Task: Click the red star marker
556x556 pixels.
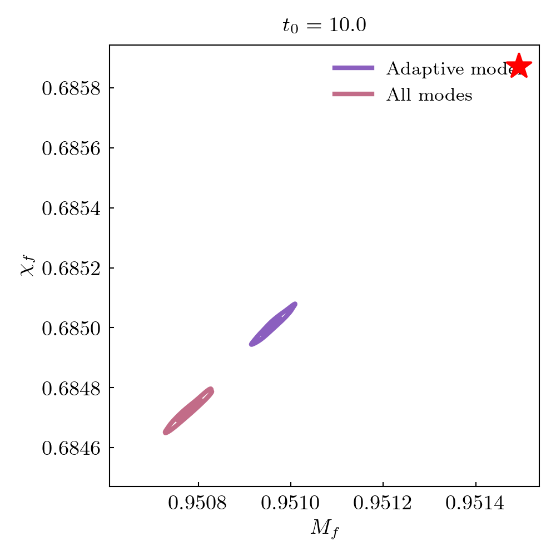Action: coord(519,66)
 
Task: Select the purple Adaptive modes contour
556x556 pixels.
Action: coord(273,324)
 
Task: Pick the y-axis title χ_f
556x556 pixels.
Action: coord(27,266)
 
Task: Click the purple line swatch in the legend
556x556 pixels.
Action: coord(353,68)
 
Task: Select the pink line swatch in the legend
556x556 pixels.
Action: coord(353,95)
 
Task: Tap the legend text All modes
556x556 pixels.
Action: coord(429,95)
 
